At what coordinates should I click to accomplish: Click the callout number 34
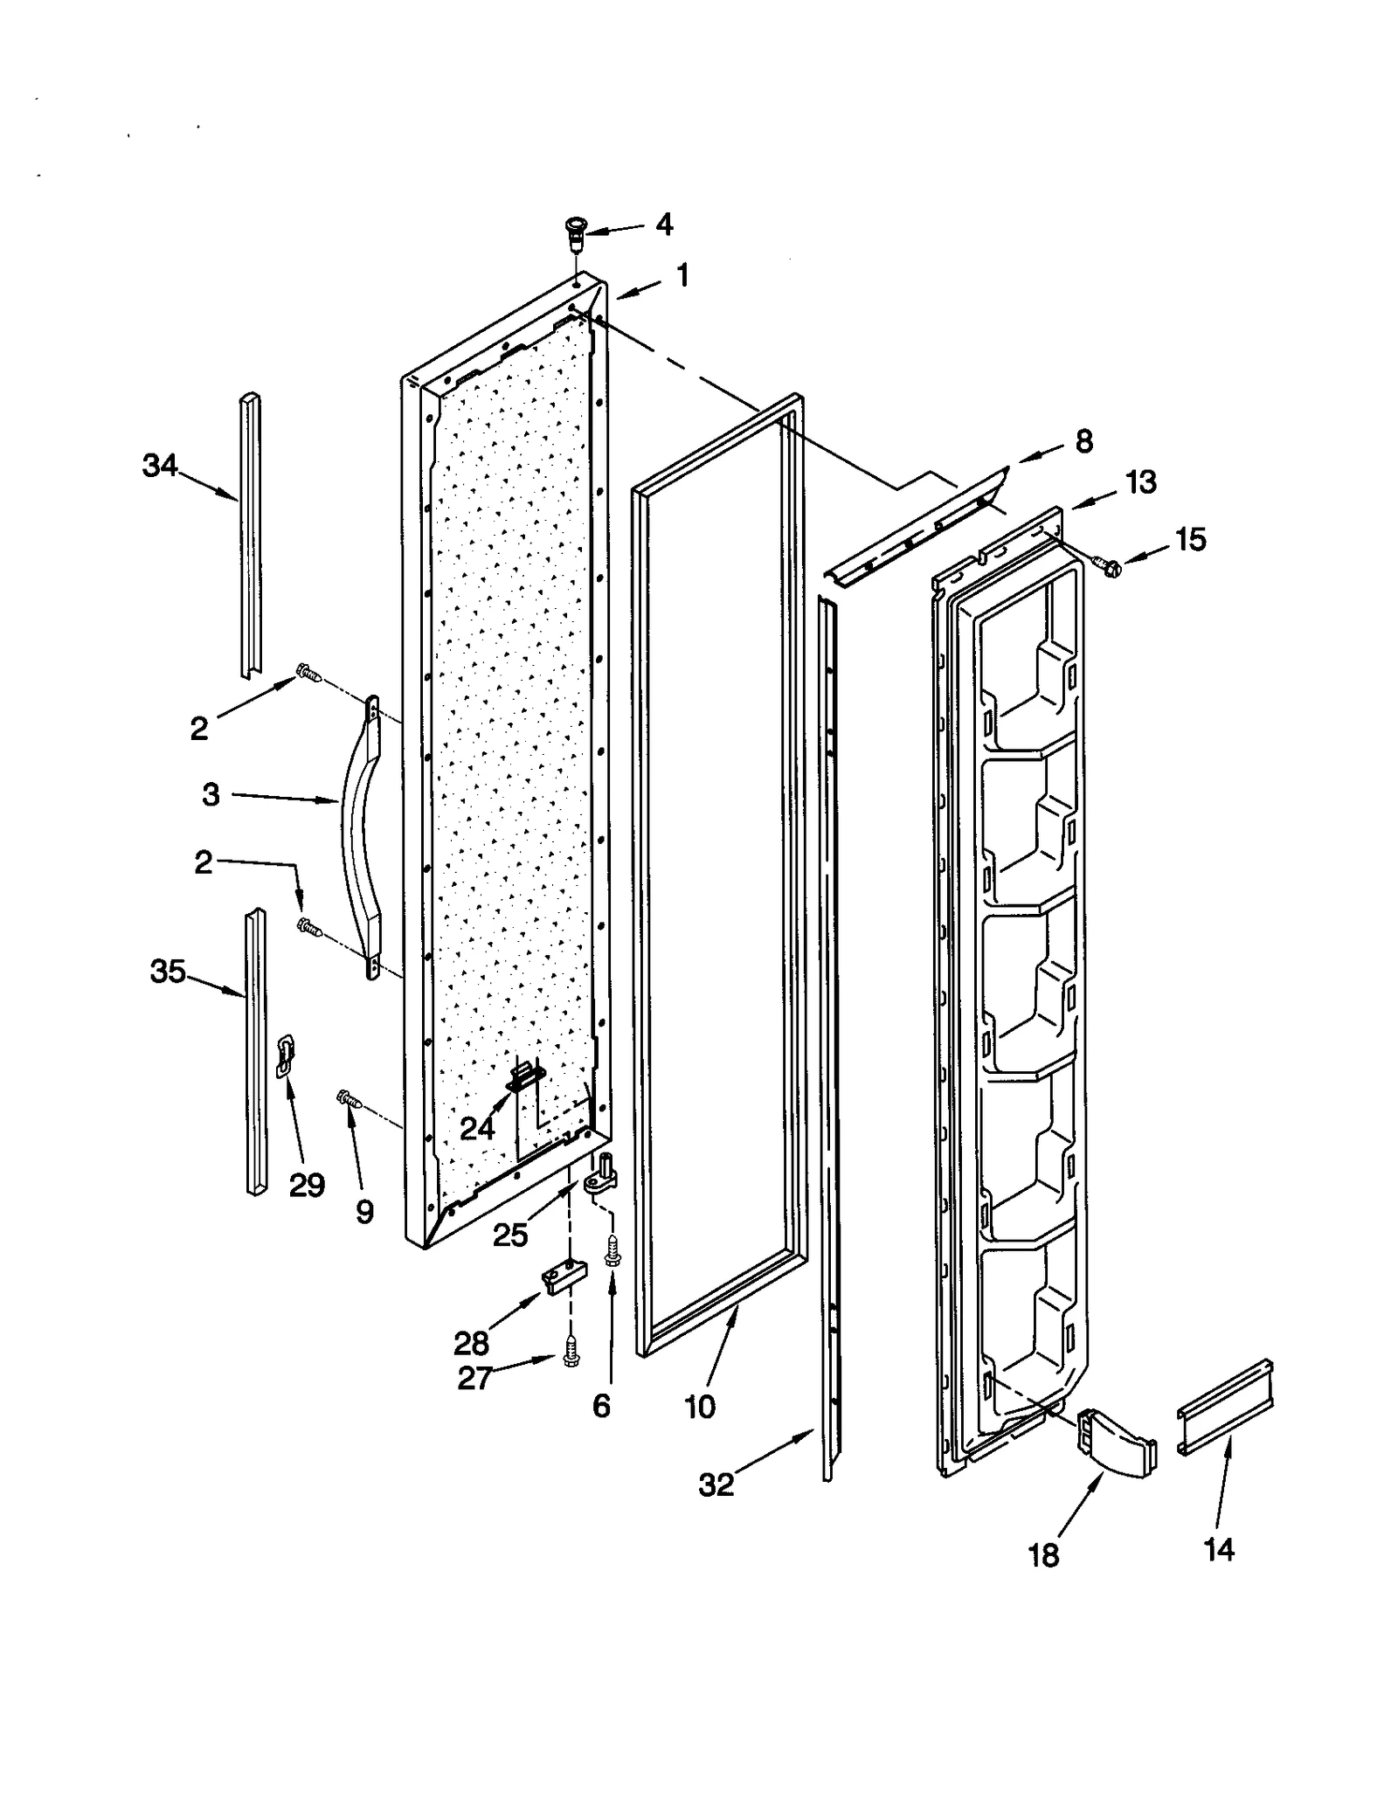tap(160, 467)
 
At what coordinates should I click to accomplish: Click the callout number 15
tap(1190, 539)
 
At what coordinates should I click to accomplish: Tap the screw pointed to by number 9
tap(349, 1098)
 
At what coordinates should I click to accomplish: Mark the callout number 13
tap(1141, 481)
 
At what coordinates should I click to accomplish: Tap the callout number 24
tap(477, 1129)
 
